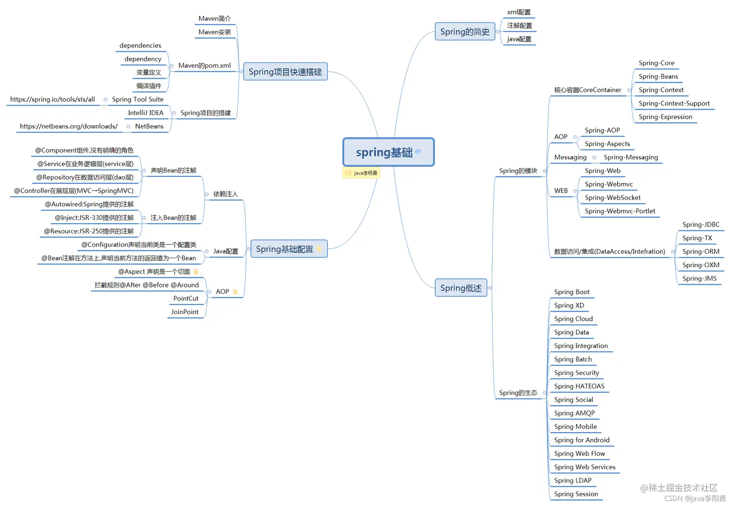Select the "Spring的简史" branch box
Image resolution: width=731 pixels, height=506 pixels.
[465, 32]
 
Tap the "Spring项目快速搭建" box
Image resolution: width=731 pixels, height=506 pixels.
[285, 72]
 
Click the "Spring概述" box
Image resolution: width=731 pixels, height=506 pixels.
[461, 288]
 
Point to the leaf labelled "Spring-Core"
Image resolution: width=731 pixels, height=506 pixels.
[656, 63]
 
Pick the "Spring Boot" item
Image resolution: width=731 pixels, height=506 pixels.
[571, 292]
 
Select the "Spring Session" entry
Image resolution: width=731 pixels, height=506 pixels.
[576, 494]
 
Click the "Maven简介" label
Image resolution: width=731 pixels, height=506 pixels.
[215, 19]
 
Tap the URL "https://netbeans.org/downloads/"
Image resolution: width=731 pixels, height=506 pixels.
[69, 127]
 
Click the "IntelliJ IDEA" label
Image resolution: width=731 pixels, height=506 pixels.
[146, 113]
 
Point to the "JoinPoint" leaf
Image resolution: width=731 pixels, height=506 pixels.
[185, 312]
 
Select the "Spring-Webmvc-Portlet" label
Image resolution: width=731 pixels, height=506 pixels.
[620, 211]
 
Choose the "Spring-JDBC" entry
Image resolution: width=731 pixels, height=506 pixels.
[701, 225]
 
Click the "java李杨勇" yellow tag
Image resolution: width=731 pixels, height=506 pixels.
[362, 173]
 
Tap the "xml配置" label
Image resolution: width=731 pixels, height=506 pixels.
[519, 13]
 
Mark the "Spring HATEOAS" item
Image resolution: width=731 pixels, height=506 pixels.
[579, 386]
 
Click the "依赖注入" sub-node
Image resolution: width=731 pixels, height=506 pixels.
[225, 194]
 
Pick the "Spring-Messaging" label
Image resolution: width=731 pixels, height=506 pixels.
[630, 158]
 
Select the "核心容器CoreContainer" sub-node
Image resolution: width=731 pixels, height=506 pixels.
[587, 90]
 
